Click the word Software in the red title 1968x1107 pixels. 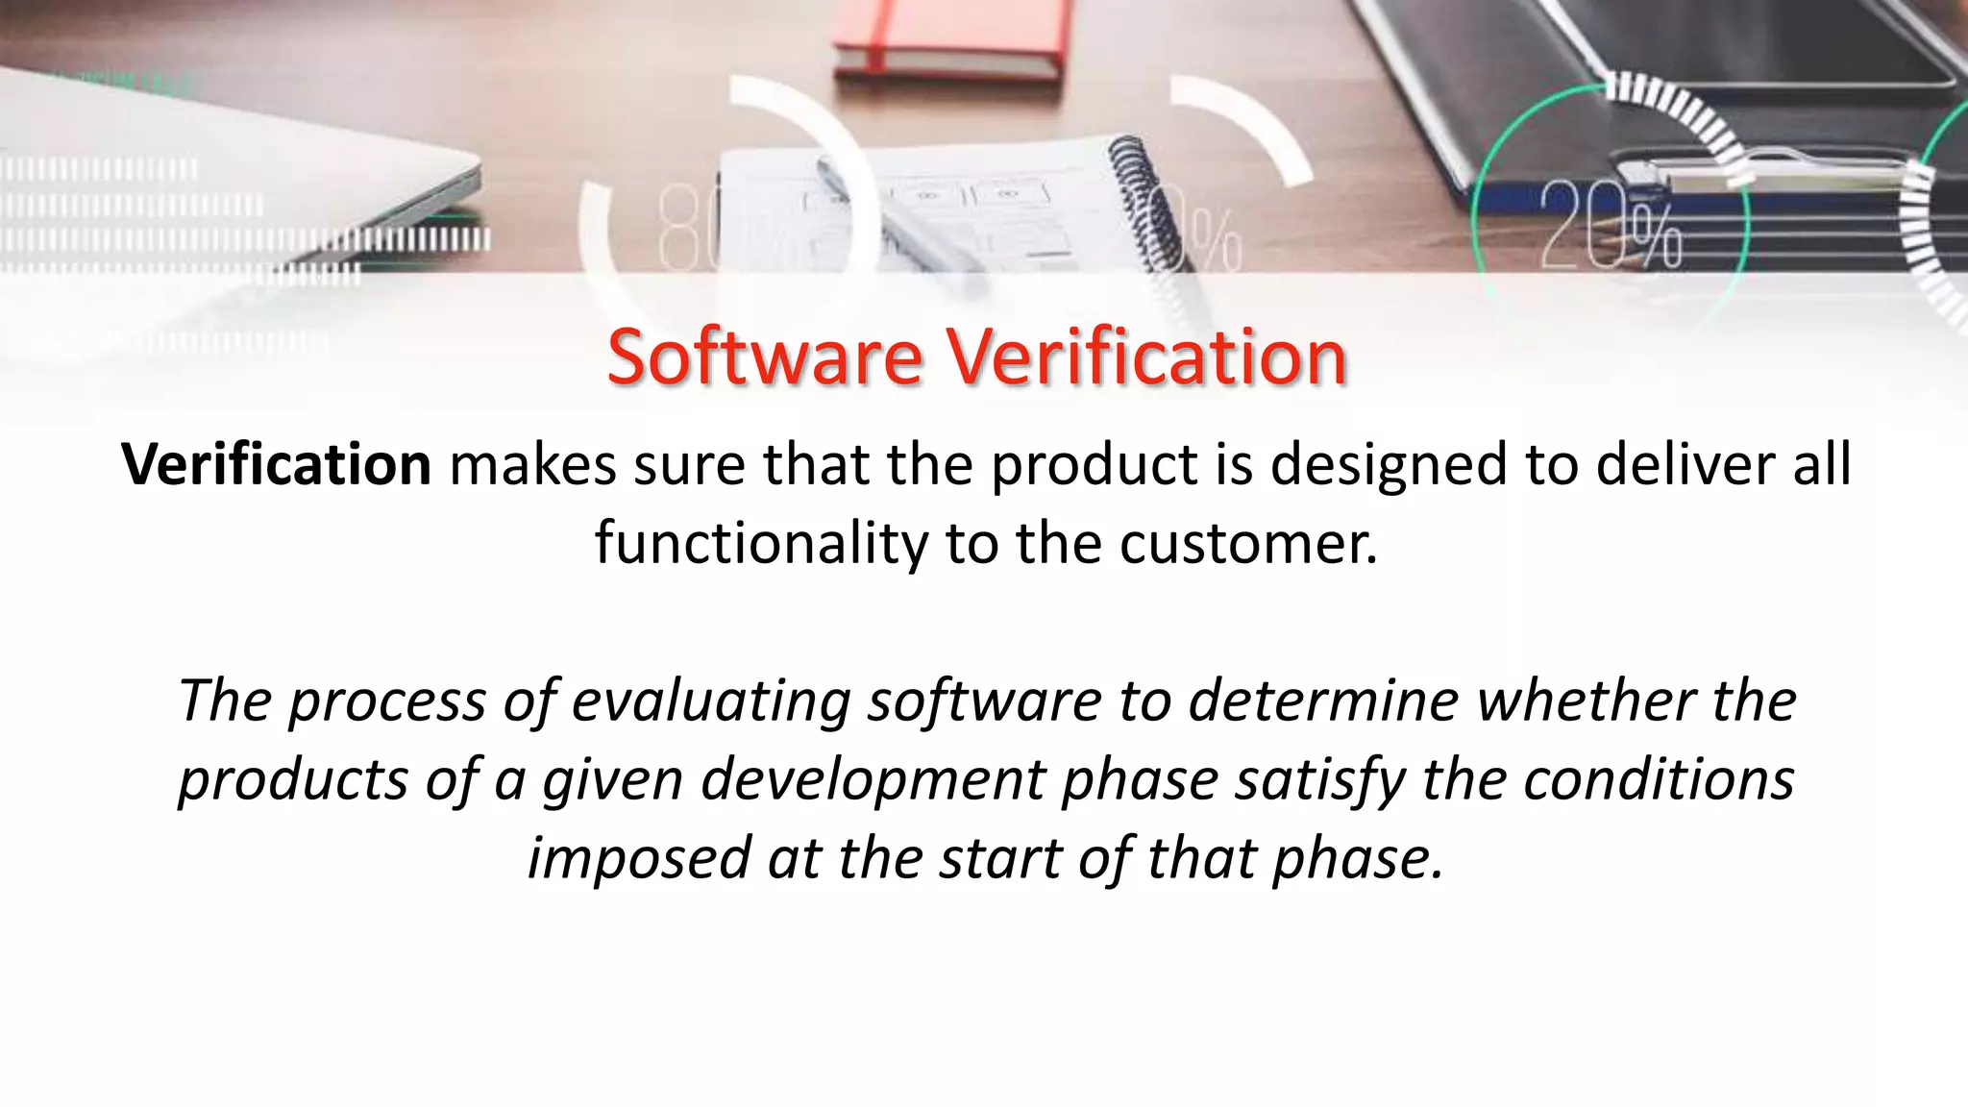(x=764, y=357)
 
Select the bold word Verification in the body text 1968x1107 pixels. (x=277, y=465)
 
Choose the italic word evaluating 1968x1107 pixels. (x=711, y=701)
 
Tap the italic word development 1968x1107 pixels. (x=873, y=780)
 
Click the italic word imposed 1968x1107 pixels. (x=638, y=859)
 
